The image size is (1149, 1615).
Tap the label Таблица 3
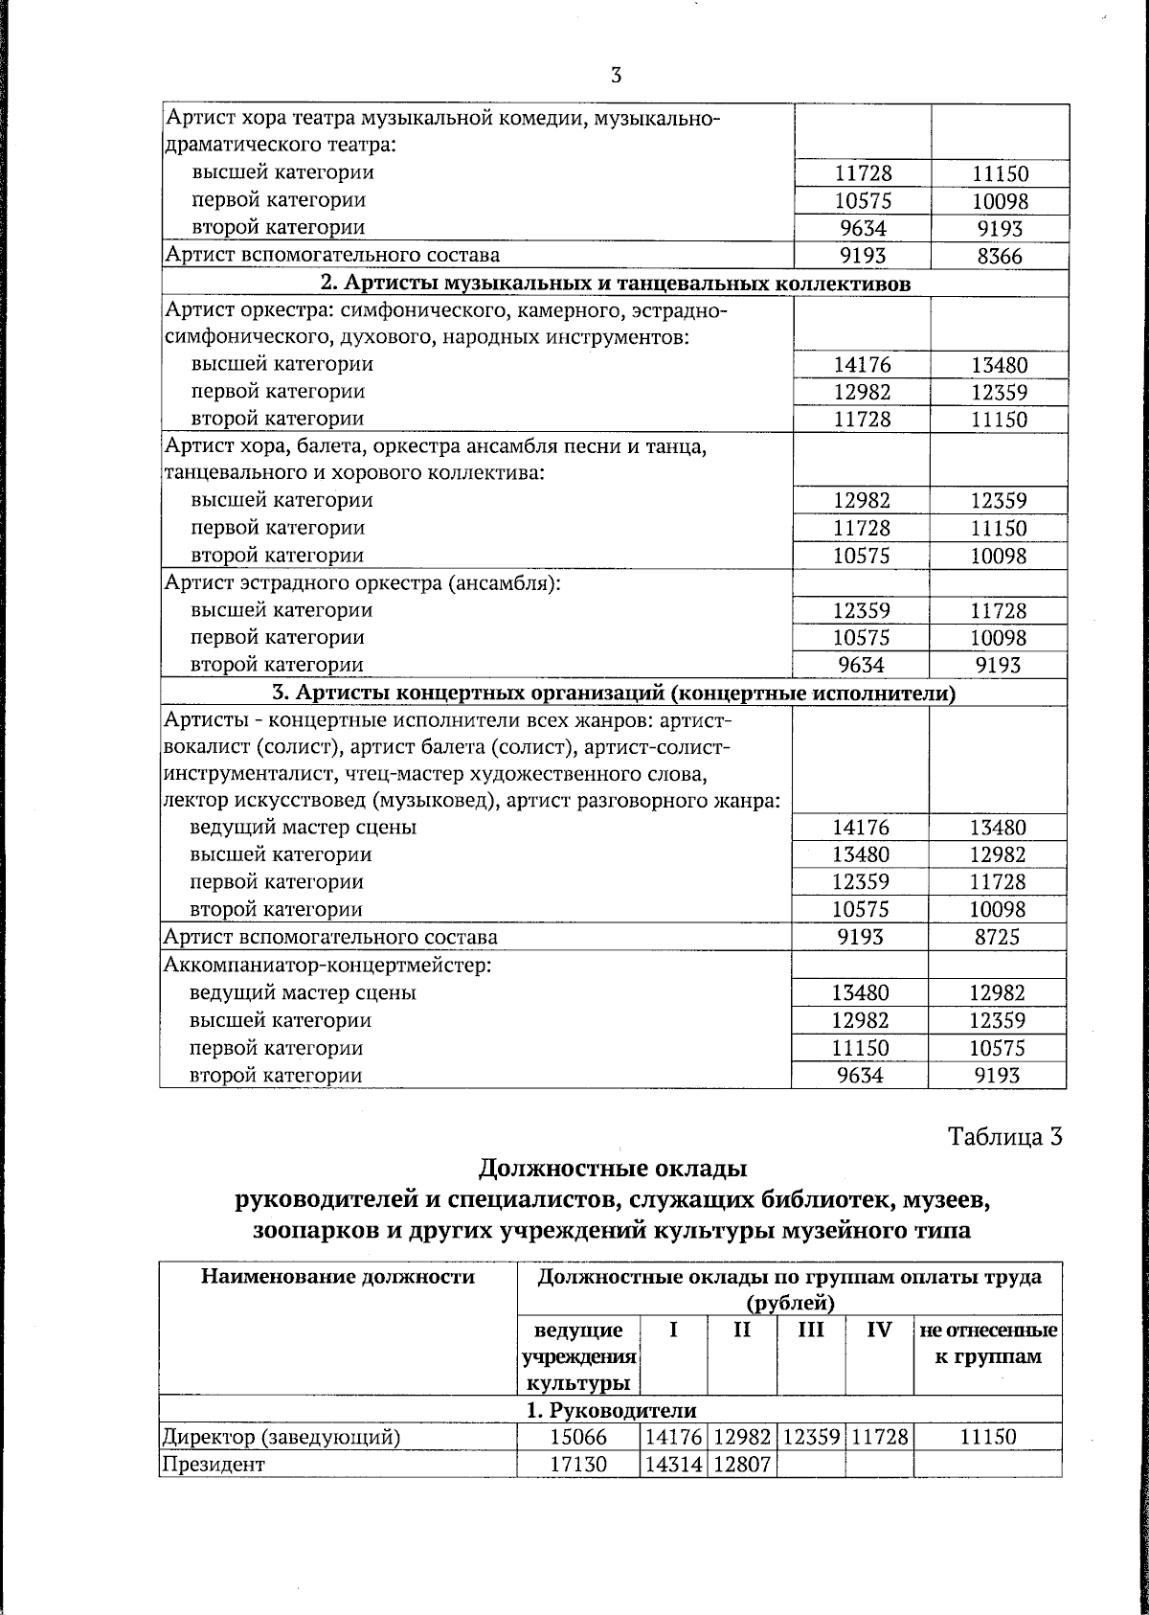tap(1004, 1136)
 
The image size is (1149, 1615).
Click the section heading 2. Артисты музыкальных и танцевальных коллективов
tap(614, 284)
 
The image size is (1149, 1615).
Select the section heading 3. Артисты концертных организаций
tap(614, 694)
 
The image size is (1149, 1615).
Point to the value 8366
tap(999, 257)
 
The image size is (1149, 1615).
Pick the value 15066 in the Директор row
tap(578, 1437)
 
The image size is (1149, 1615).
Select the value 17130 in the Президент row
tap(578, 1465)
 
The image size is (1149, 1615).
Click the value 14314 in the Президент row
tap(673, 1465)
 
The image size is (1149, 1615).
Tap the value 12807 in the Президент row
tap(742, 1465)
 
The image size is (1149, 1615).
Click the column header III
tap(810, 1331)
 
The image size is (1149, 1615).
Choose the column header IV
tap(879, 1331)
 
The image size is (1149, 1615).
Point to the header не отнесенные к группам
tap(988, 1343)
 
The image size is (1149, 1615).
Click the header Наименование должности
tap(337, 1277)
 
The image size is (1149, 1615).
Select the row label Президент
tap(213, 1465)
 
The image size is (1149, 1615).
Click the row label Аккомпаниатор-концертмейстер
tap(328, 965)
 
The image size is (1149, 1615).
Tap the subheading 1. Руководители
tap(611, 1410)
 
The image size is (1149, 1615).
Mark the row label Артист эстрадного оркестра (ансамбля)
tap(362, 582)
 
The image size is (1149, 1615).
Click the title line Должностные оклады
tap(612, 1169)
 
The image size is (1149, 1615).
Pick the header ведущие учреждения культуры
tap(578, 1356)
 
